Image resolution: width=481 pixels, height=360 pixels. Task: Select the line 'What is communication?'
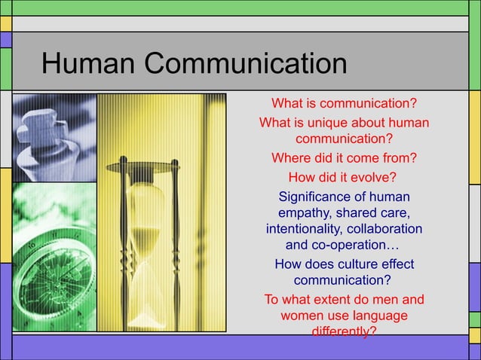[344, 102]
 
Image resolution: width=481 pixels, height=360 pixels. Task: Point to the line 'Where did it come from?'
[344, 159]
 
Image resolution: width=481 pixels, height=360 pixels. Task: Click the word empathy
[305, 213]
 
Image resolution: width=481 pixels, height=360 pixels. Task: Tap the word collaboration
[384, 229]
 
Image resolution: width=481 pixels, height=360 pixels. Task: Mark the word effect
[397, 264]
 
